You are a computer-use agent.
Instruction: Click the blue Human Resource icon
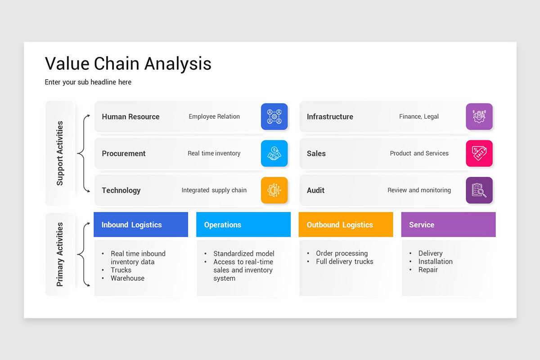point(274,117)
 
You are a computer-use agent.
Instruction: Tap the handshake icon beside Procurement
point(274,153)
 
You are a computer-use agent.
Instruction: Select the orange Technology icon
point(274,190)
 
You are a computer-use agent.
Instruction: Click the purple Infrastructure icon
point(479,117)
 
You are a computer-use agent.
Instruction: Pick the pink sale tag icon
point(479,153)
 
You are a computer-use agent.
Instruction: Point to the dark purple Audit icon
point(479,190)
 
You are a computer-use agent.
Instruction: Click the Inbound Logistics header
point(140,225)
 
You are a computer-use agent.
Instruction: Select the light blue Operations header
point(243,225)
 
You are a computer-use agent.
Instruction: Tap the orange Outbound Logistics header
point(346,225)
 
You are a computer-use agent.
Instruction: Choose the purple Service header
point(448,225)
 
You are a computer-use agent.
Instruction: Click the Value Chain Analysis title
point(128,63)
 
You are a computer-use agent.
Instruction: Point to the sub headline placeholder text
point(88,82)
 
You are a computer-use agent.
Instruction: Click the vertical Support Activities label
point(60,153)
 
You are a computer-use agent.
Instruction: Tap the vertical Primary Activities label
point(60,254)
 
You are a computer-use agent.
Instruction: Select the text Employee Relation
point(214,117)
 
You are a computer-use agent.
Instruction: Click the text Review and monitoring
point(419,190)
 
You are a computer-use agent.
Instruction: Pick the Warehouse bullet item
point(127,278)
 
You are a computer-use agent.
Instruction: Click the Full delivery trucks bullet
point(344,261)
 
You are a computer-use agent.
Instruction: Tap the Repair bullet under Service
point(428,270)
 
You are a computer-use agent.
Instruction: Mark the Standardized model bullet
point(243,254)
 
